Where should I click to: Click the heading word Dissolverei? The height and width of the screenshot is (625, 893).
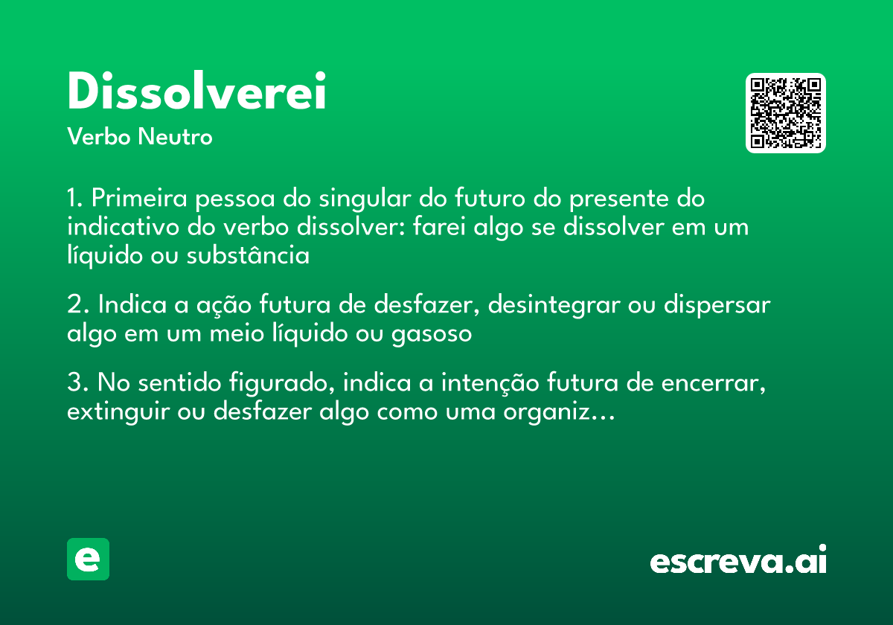point(196,92)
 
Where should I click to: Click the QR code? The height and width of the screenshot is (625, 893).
point(786,113)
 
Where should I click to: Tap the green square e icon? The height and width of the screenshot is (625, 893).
point(88,559)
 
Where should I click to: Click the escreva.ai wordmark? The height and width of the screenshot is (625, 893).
point(737,560)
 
